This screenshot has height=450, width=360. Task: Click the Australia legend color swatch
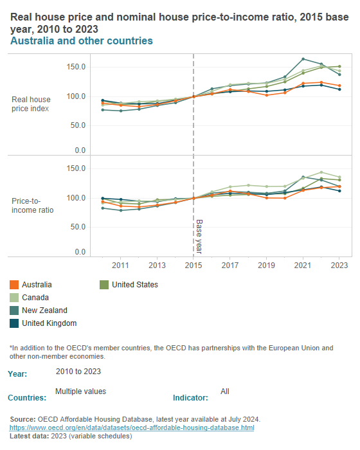tap(14, 284)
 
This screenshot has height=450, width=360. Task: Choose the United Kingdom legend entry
tap(49, 323)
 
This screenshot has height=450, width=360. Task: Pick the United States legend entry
tap(134, 284)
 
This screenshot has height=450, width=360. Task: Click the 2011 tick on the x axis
tap(121, 265)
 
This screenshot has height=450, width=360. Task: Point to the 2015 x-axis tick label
tap(194, 265)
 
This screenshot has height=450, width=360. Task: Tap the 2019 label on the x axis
tap(267, 265)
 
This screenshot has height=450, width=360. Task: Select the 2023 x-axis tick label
tap(339, 265)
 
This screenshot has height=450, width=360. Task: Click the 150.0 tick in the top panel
tap(76, 67)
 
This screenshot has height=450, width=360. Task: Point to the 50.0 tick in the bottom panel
tap(78, 227)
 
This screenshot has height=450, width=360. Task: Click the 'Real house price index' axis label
tap(31, 104)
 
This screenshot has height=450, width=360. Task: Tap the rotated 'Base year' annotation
tap(199, 236)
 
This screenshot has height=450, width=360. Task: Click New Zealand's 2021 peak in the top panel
tap(303, 59)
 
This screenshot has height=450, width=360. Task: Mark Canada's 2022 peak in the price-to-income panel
tap(321, 172)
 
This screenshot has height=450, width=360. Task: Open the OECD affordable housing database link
tap(132, 428)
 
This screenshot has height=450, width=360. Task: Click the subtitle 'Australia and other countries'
tap(82, 41)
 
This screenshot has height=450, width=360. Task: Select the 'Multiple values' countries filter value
tap(80, 391)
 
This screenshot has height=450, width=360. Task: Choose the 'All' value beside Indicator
tap(224, 391)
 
